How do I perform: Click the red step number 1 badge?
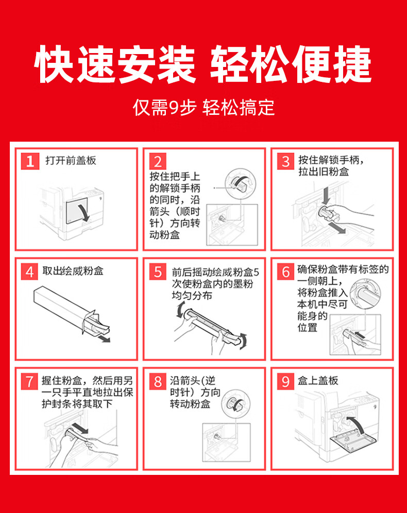[x=30, y=161]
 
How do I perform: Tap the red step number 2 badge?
[x=158, y=161]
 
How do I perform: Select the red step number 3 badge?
[x=285, y=161]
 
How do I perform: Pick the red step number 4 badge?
[x=30, y=271]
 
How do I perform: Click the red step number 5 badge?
[x=158, y=271]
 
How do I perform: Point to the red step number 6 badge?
[x=285, y=271]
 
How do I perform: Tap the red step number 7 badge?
[x=30, y=382]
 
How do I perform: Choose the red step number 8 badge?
[x=158, y=382]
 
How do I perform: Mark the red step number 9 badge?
[x=285, y=382]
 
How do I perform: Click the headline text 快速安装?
[x=115, y=64]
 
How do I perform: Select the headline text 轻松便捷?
[x=291, y=64]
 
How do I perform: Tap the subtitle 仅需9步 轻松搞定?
[x=203, y=107]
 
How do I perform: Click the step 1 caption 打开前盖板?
[x=71, y=160]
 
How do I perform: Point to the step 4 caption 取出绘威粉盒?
[x=73, y=271]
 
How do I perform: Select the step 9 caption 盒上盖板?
[x=318, y=381]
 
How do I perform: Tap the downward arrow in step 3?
[x=326, y=195]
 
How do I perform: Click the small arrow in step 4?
[x=105, y=338]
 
